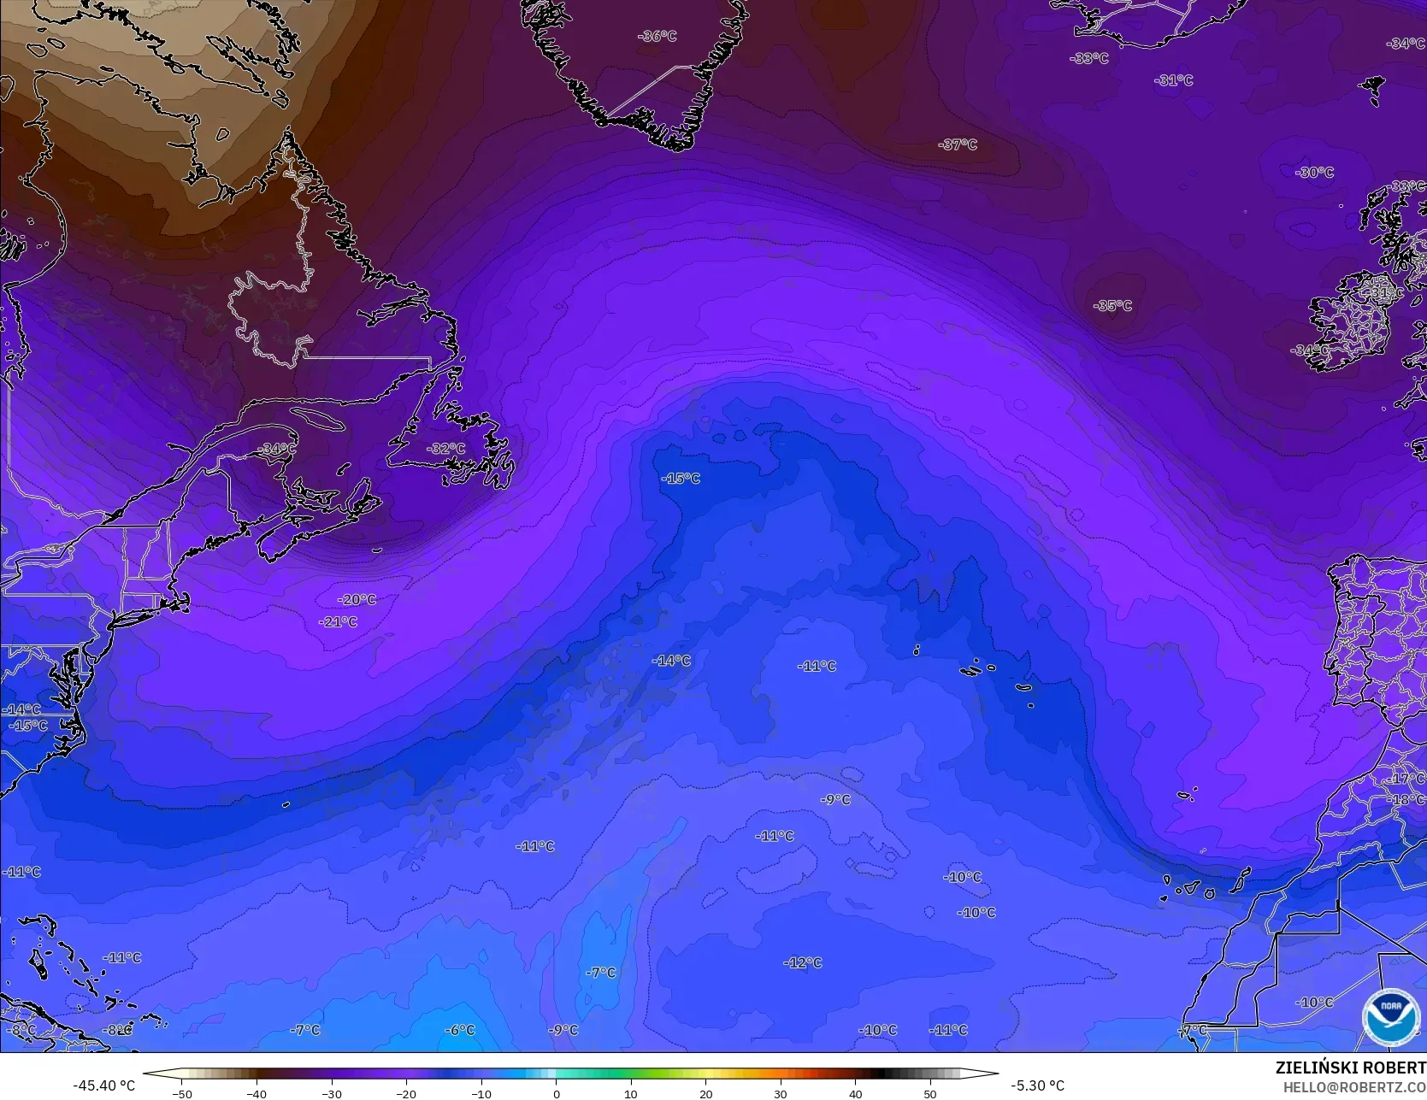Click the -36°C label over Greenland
pyautogui.click(x=657, y=37)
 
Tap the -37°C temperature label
pyautogui.click(x=958, y=144)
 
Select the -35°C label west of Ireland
pyautogui.click(x=1112, y=306)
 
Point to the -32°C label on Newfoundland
pyautogui.click(x=446, y=449)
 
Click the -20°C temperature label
pyautogui.click(x=357, y=600)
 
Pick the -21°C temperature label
pyautogui.click(x=338, y=621)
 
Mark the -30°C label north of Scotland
pyautogui.click(x=1314, y=173)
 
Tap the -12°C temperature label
pyautogui.click(x=803, y=962)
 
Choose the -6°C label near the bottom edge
pyautogui.click(x=460, y=1030)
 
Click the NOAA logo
pyautogui.click(x=1390, y=1017)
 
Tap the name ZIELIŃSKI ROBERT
pyautogui.click(x=1350, y=1068)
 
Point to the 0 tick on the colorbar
pyautogui.click(x=556, y=1093)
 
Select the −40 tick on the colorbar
pyautogui.click(x=257, y=1093)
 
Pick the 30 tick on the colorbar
pyautogui.click(x=780, y=1093)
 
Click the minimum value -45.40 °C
pyautogui.click(x=103, y=1085)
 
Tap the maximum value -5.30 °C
pyautogui.click(x=1037, y=1085)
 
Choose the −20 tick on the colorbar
pyautogui.click(x=406, y=1093)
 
